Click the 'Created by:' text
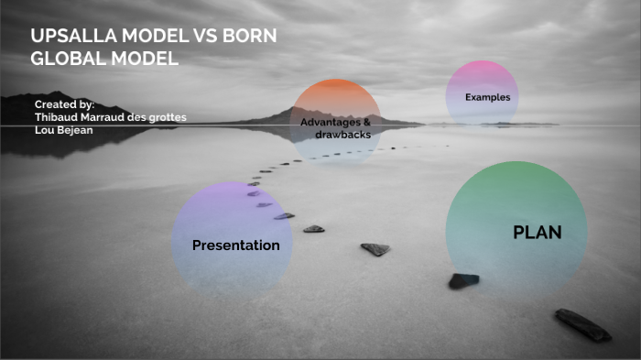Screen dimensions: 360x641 [x=64, y=105]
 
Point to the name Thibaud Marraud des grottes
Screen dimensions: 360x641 [x=110, y=117]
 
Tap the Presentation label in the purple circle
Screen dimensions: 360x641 [x=235, y=245]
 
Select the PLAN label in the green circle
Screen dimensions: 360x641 [x=537, y=233]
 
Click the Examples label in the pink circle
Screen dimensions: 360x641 [x=487, y=97]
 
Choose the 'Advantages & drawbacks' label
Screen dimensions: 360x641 [x=335, y=128]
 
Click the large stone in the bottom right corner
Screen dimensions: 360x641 [x=582, y=324]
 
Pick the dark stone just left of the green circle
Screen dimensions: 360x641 [x=463, y=280]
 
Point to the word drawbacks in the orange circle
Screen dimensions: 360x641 [x=342, y=135]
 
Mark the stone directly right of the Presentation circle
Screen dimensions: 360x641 [x=313, y=229]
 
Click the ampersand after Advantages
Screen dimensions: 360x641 [x=367, y=122]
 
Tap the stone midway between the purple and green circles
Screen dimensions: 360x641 [x=375, y=248]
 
